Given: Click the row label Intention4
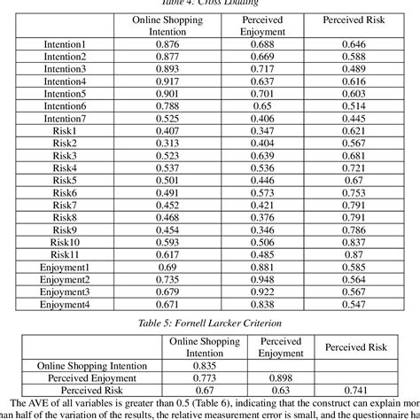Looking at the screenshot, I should click(66, 81).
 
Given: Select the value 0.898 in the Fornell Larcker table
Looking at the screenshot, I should click(280, 377).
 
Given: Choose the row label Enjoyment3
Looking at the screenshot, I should click(66, 292).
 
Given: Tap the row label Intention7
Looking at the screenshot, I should click(66, 118).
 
